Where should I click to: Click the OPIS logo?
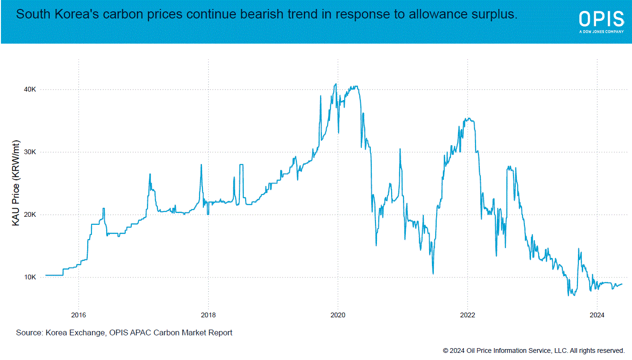601,19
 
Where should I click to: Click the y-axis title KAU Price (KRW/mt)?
16,183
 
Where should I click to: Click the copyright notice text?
533,351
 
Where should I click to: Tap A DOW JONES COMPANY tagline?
601,32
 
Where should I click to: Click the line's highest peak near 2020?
336,84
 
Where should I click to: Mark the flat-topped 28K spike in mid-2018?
241,165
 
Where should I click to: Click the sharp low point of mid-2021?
433,273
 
